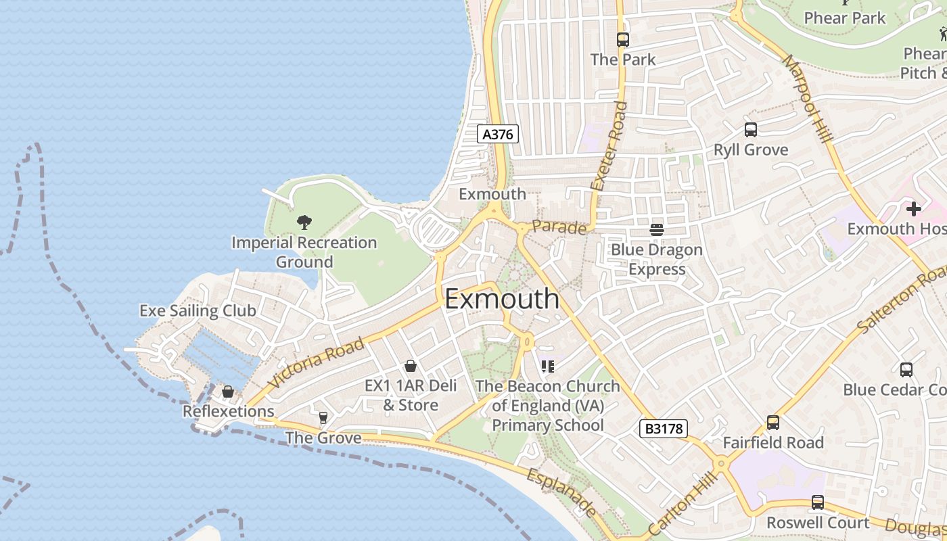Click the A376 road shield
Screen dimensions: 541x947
[x=498, y=134]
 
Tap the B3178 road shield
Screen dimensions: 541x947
[x=663, y=428]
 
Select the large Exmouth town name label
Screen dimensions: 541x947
[x=502, y=299]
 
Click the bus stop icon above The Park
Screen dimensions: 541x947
[x=622, y=40]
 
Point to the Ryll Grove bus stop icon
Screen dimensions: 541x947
[x=750, y=130]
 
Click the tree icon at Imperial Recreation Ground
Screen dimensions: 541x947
[x=304, y=222]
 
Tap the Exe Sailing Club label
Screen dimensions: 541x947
[x=198, y=310]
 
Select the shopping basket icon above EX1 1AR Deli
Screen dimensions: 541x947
[x=410, y=366]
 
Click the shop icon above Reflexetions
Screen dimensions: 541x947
[x=228, y=392]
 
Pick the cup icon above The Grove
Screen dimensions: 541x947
[x=323, y=418]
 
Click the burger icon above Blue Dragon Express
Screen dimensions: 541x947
[x=656, y=230]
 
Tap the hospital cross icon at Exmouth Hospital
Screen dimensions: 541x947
[x=913, y=209]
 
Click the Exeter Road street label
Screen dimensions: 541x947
[x=609, y=145]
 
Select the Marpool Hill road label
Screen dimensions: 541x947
[x=808, y=98]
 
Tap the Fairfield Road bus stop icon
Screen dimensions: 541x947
[x=772, y=423]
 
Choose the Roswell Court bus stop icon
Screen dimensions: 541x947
[x=817, y=502]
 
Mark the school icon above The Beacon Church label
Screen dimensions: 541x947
[x=547, y=367]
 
